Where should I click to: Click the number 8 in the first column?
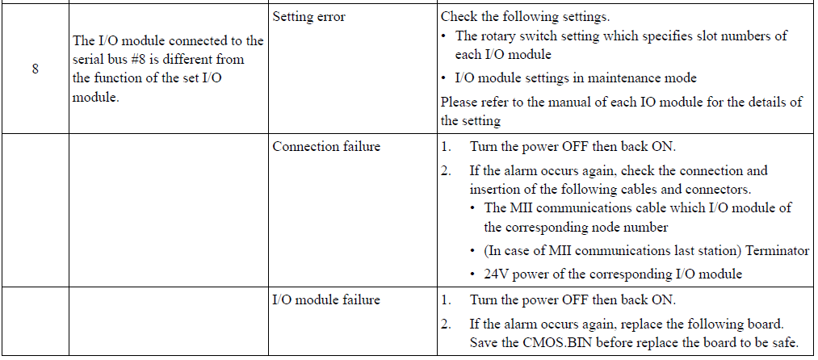[x=35, y=69]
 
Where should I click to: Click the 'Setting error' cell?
[x=308, y=17]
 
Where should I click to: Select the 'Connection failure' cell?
[x=326, y=147]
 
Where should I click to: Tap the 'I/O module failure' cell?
[x=326, y=299]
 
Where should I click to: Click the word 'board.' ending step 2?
[x=766, y=324]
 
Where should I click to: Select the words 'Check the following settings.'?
[x=525, y=17]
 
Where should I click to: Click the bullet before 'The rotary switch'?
[x=443, y=36]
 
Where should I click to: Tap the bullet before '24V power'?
[x=472, y=274]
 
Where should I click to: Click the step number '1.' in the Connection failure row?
[x=446, y=147]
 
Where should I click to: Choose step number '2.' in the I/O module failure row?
[x=446, y=324]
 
